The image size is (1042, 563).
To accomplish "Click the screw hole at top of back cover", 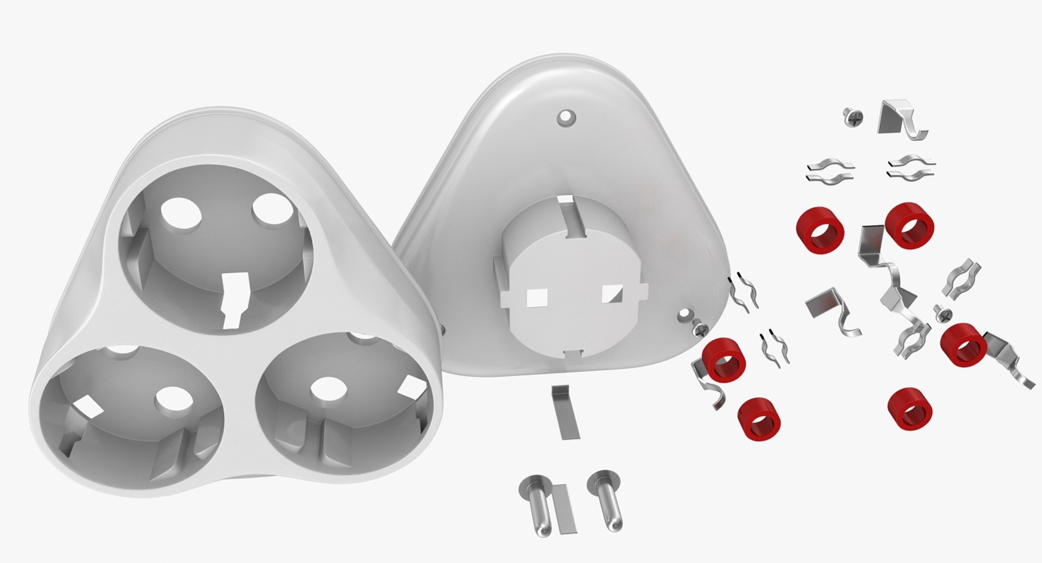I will coord(567,116).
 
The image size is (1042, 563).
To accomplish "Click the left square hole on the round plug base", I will coord(537,297).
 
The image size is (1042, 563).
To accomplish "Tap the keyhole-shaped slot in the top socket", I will coord(235,299).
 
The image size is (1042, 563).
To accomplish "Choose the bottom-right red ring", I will coord(910,409).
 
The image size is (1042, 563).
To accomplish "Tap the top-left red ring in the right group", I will coord(820,230).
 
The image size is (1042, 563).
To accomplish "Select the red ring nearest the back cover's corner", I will coord(723,359).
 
